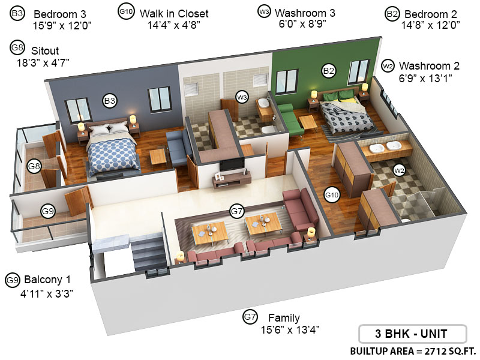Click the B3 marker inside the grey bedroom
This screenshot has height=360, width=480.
(110, 101)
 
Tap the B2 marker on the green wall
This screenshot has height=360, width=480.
(328, 71)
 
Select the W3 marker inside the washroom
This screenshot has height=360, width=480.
(242, 97)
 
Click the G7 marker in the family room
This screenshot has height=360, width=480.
(237, 211)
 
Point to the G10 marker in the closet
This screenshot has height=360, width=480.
(332, 194)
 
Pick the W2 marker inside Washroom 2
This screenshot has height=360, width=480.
(398, 170)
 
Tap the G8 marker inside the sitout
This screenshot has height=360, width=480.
(34, 166)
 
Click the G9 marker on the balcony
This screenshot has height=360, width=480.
(48, 211)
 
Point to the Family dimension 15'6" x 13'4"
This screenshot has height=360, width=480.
(290, 329)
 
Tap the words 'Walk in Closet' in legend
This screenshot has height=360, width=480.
(174, 13)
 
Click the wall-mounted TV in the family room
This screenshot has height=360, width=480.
(231, 164)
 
